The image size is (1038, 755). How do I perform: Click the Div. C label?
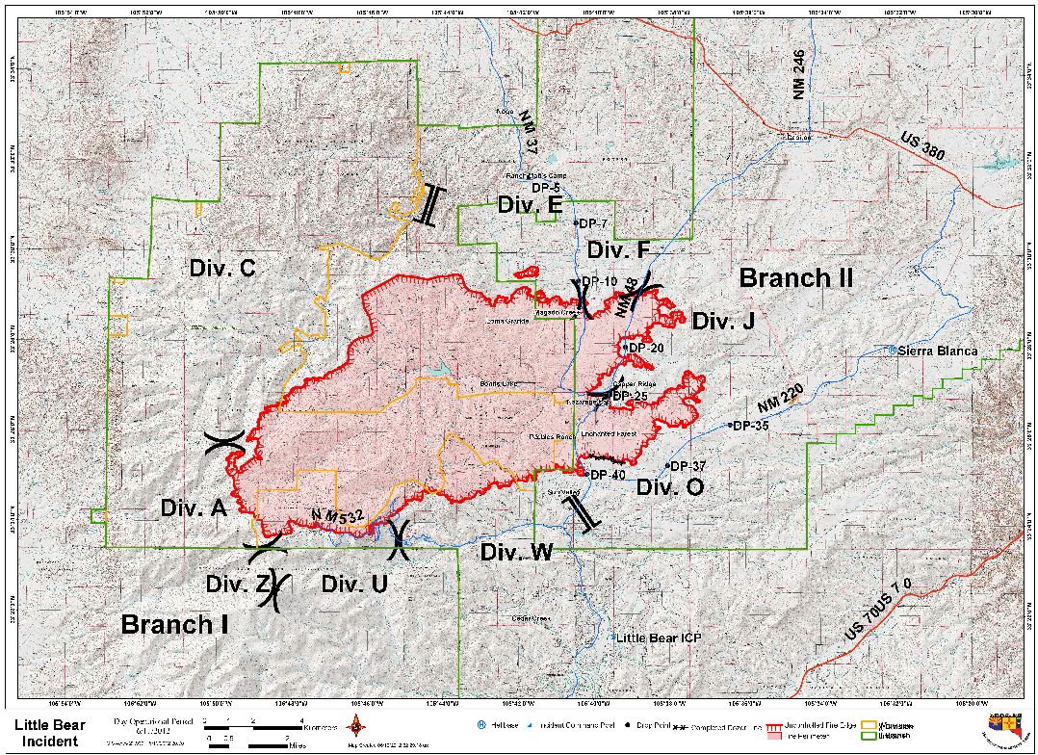click(222, 269)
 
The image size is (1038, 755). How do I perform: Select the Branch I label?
click(174, 624)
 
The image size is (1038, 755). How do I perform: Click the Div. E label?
click(530, 204)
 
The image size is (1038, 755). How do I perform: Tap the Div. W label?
click(517, 552)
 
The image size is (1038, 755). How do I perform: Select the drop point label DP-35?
click(750, 426)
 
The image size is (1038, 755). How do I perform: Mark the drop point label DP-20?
click(644, 348)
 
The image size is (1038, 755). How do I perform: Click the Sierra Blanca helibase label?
click(937, 351)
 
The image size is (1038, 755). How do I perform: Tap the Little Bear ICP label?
click(659, 638)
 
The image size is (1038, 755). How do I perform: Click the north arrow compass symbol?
click(358, 726)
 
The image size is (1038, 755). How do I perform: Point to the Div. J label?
click(717, 321)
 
